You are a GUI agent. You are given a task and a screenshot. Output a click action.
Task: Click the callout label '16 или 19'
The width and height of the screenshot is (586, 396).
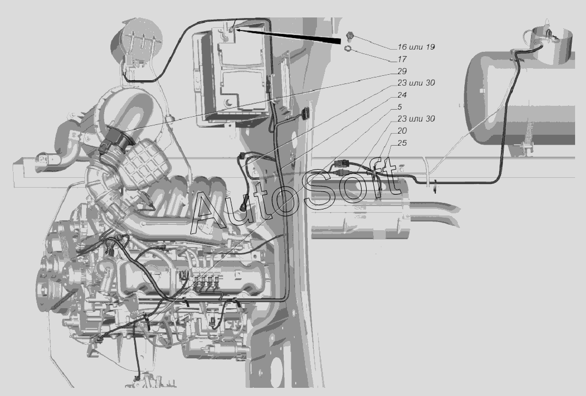416,47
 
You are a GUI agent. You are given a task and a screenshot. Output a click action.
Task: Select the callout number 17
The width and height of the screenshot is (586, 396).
402,59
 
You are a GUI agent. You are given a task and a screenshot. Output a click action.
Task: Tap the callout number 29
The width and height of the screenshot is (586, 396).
402,71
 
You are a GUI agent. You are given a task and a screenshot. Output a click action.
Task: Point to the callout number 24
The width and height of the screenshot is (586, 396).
402,95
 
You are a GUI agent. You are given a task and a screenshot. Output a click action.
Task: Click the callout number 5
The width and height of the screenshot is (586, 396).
399,107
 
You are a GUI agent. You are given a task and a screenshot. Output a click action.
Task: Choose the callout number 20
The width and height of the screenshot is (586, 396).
402,131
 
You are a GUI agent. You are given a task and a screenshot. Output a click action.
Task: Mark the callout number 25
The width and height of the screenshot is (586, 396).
402,143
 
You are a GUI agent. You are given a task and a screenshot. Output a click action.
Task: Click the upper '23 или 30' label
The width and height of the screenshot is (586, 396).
416,83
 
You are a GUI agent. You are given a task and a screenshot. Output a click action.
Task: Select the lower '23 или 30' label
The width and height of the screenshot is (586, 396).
416,119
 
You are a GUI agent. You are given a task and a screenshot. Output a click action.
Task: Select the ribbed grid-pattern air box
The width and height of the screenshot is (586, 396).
146,163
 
